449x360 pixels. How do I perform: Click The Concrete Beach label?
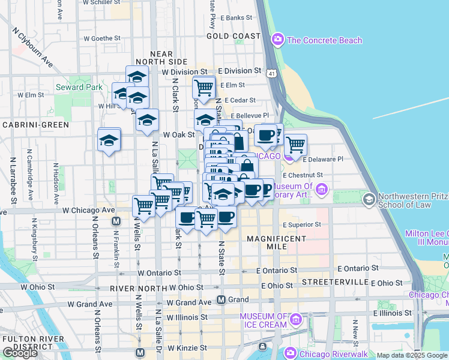324,40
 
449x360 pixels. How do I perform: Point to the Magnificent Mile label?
277,239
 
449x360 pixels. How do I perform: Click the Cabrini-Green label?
35,125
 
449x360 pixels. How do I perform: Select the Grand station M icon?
221,299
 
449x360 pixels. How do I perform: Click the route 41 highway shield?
273,73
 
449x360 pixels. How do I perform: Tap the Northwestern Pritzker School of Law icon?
369,198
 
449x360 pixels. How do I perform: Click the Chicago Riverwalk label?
331,353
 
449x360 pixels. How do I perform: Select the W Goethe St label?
103,38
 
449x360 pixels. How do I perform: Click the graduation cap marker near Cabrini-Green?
109,140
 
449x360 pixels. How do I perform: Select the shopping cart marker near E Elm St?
204,88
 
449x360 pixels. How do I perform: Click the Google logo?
20,353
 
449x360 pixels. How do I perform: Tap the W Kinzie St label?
187,347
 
